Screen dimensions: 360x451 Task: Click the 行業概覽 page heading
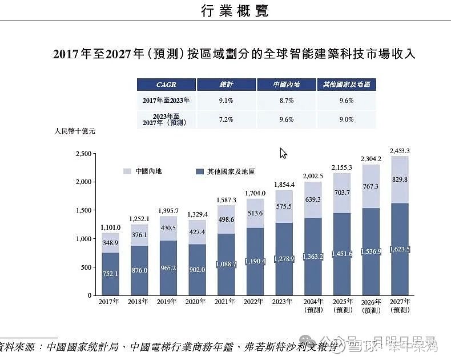[235, 11]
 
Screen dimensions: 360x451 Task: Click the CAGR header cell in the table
[166, 85]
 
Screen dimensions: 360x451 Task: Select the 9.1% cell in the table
[226, 101]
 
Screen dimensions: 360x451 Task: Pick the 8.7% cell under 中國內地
[286, 101]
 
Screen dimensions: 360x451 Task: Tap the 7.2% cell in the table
[226, 119]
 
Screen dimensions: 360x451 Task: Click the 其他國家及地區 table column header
[347, 85]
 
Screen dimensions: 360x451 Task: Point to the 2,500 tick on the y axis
[83, 154]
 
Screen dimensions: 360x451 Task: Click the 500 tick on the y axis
[86, 267]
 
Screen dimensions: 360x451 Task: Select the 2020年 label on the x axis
[196, 301]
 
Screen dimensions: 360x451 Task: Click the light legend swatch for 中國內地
[127, 171]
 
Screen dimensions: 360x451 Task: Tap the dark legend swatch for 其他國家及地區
[199, 171]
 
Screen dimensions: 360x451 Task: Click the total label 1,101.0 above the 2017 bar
[110, 227]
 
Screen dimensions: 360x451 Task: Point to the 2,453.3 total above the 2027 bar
[400, 151]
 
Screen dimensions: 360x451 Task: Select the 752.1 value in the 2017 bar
[110, 273]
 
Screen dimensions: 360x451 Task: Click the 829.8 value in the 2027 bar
[400, 179]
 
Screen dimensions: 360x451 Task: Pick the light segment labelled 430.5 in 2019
[168, 229]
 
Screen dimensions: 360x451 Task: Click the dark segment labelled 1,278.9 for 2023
[284, 259]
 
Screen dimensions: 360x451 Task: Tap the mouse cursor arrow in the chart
[283, 153]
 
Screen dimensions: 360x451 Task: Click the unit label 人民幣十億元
[74, 131]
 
